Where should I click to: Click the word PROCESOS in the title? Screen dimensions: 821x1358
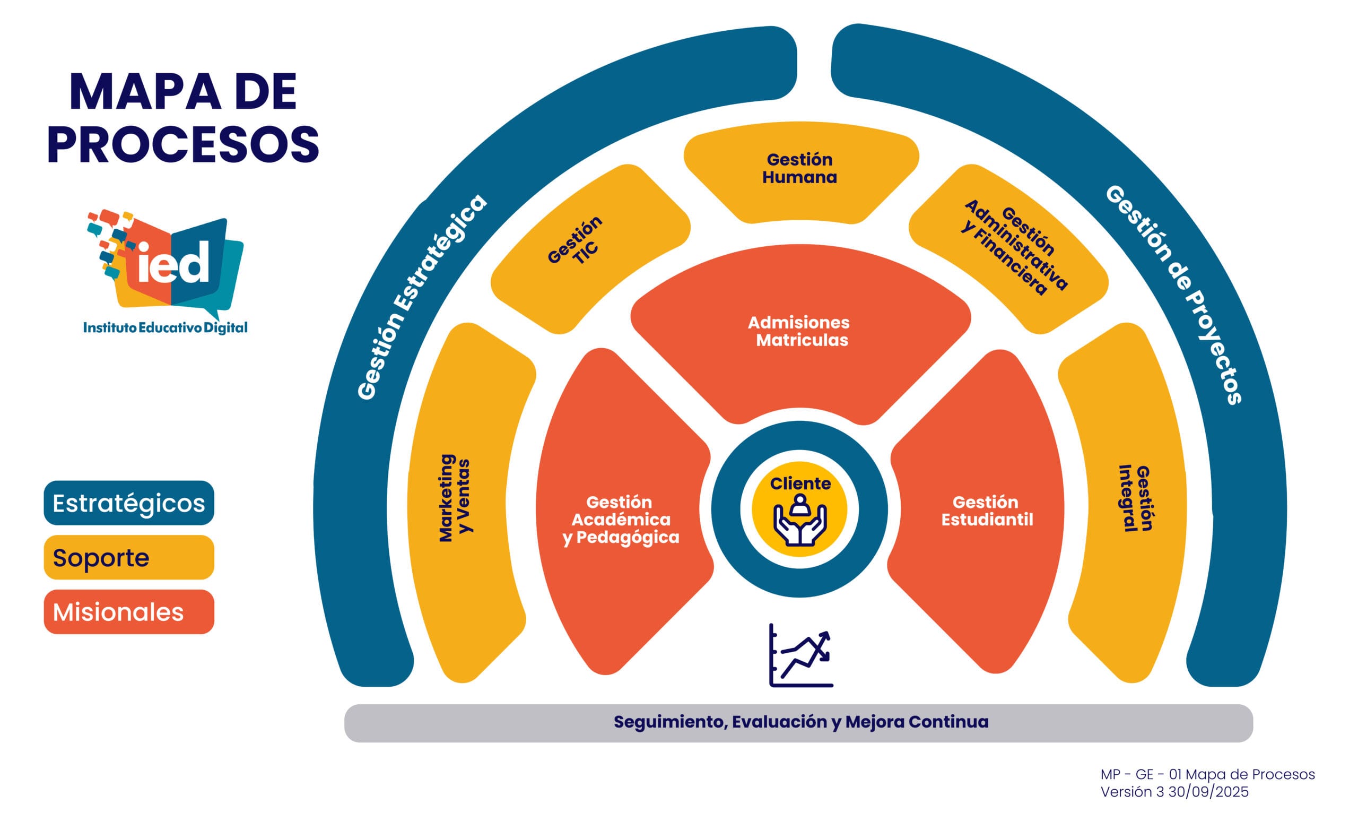point(183,144)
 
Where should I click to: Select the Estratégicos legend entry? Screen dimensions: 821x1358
point(129,503)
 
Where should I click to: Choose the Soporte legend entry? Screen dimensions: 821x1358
point(129,557)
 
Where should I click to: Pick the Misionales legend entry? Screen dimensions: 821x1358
point(129,612)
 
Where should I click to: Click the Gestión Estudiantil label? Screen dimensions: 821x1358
point(987,511)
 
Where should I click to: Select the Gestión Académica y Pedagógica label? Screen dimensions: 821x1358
point(621,520)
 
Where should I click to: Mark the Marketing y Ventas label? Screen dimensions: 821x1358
point(455,497)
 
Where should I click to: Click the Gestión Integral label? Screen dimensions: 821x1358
point(1135,498)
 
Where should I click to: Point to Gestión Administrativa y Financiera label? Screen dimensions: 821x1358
point(1015,247)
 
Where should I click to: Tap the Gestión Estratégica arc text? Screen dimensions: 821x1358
point(421,296)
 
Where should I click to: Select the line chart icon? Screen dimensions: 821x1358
point(801,655)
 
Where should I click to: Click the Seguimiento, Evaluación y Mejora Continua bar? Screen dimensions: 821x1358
point(800,722)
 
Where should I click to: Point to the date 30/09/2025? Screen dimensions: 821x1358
point(1208,792)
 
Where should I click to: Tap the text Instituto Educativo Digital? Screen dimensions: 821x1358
point(166,327)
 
